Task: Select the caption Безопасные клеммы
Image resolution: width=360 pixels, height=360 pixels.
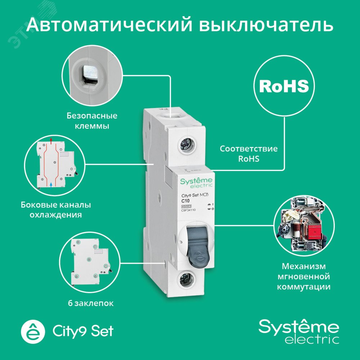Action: click(x=92, y=121)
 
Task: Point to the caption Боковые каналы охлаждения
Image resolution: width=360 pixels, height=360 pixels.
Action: click(x=55, y=210)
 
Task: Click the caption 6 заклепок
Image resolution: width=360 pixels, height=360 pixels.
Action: click(x=90, y=303)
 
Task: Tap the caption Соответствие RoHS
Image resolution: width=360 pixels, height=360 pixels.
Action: click(x=249, y=154)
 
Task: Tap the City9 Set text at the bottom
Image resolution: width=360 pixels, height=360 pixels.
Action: click(x=83, y=330)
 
